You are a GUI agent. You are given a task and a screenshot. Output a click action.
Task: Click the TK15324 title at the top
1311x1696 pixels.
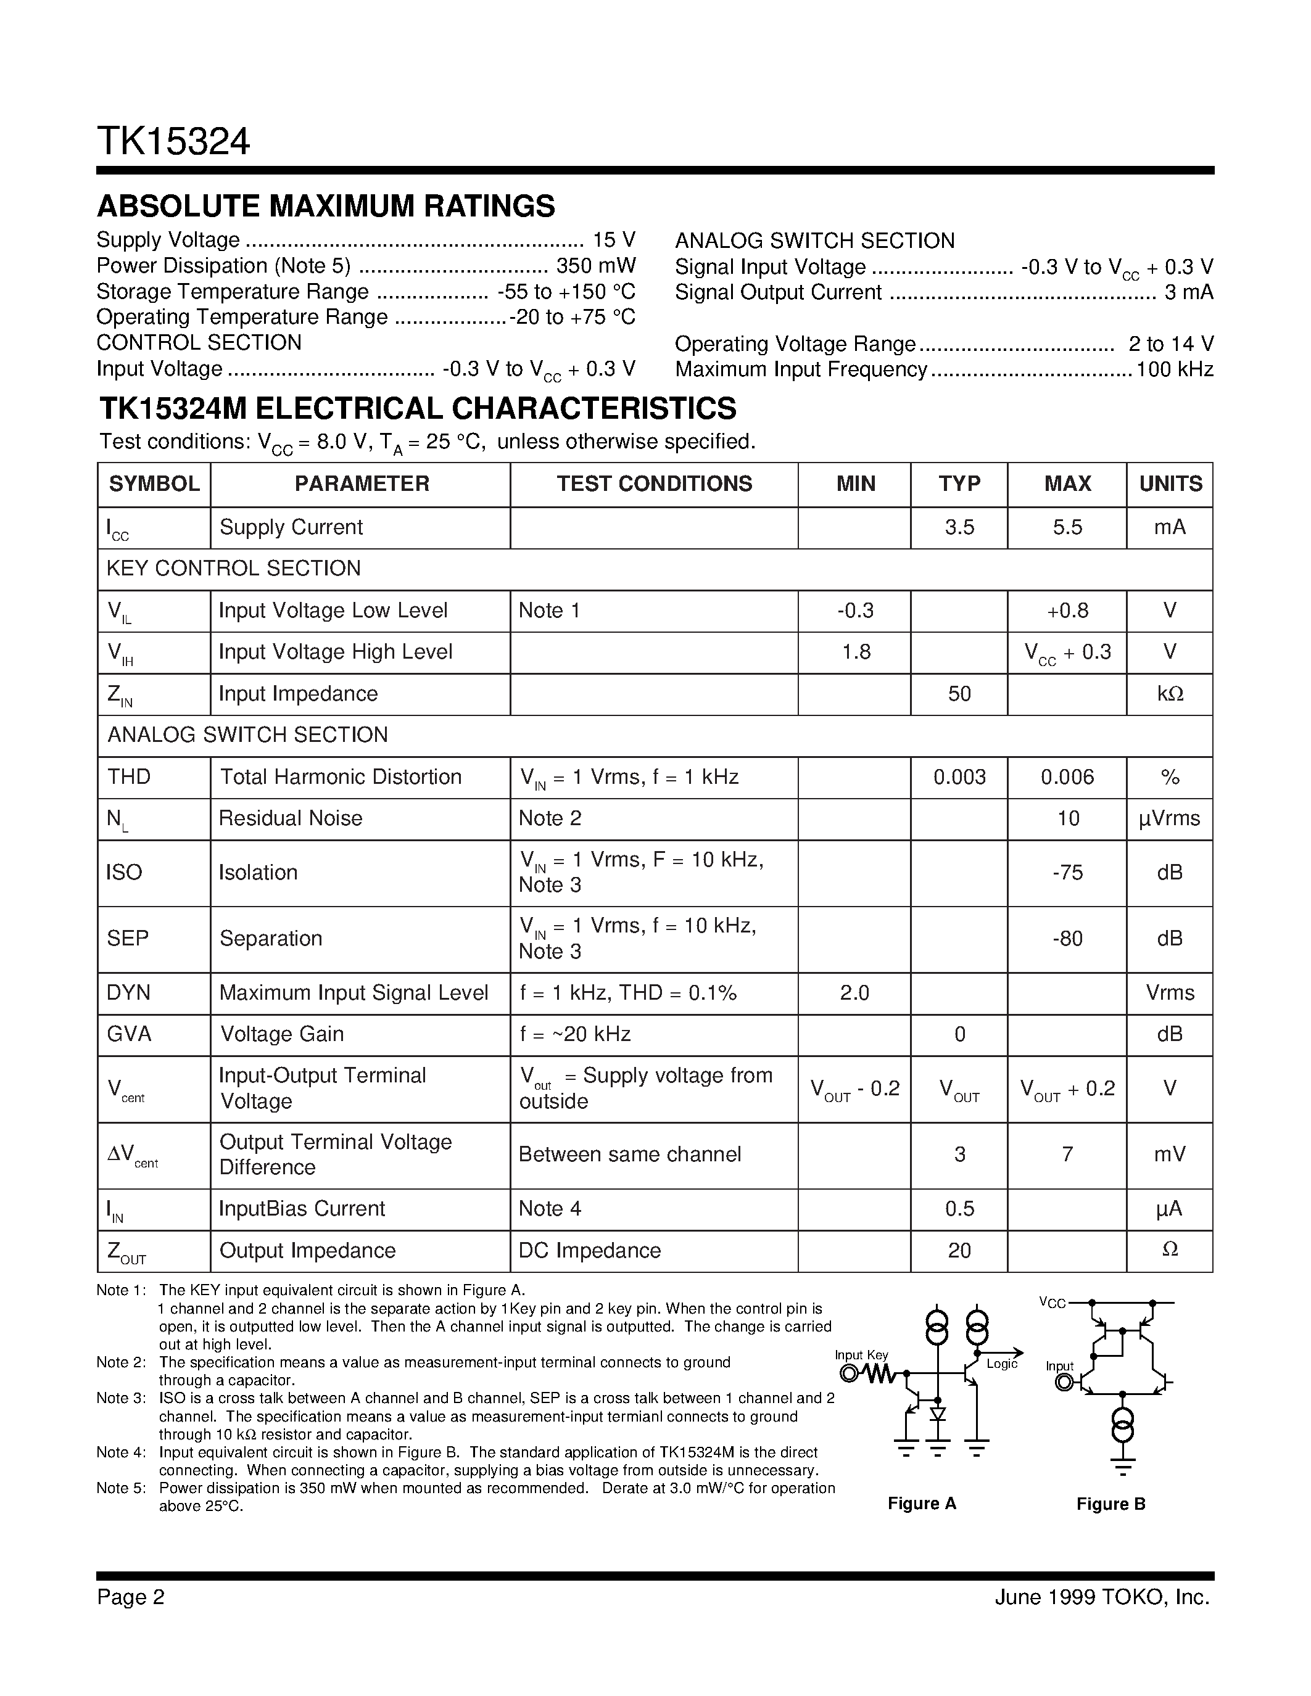click(x=173, y=142)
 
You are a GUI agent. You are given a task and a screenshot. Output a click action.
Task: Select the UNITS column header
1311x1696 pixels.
click(x=1170, y=484)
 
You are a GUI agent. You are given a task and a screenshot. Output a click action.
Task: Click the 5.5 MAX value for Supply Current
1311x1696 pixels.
click(x=1067, y=527)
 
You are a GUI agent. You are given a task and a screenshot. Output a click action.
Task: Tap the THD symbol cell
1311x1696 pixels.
click(x=129, y=776)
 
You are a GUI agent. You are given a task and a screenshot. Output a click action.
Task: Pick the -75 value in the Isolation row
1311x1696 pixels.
click(x=1067, y=872)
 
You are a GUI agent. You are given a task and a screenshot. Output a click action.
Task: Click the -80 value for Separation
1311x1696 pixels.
click(x=1067, y=938)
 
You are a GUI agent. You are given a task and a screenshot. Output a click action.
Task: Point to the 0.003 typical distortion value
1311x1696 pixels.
click(x=959, y=776)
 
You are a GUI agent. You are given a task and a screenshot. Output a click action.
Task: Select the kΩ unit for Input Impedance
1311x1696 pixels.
click(x=1170, y=693)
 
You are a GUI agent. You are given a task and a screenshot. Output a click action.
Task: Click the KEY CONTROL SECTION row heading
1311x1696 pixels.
click(x=234, y=569)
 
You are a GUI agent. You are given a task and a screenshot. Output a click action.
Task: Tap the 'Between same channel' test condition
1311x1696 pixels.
click(x=630, y=1154)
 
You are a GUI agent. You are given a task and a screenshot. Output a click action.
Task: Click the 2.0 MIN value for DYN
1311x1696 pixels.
click(x=854, y=992)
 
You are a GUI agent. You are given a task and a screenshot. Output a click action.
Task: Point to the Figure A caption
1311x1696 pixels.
click(x=922, y=1504)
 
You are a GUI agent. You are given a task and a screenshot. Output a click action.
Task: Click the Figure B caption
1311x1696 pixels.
click(x=1110, y=1504)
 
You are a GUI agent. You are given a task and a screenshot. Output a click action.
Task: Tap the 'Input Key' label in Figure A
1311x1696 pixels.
click(x=861, y=1355)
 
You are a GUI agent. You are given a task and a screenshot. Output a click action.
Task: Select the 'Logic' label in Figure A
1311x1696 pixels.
click(x=1002, y=1364)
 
